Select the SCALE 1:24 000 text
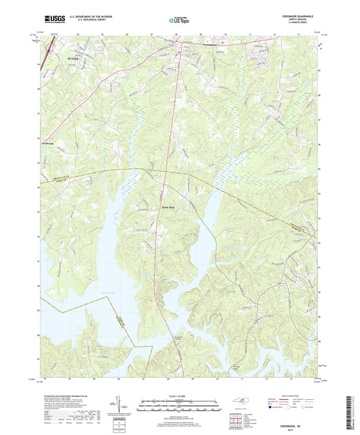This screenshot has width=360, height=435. [180, 395]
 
